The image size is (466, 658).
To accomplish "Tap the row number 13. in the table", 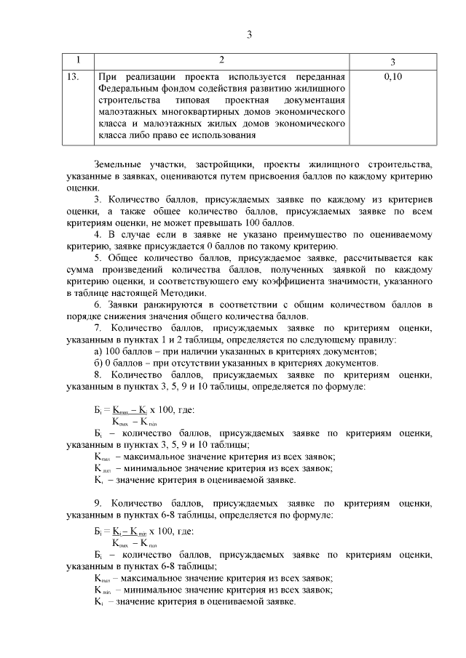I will [x=73, y=76].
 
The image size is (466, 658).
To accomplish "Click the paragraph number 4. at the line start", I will [x=99, y=235].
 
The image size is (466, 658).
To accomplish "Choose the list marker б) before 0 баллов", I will [x=98, y=364].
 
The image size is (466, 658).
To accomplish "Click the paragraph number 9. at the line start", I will [x=99, y=502].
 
